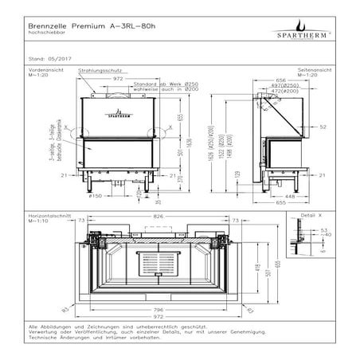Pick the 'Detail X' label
[310, 217]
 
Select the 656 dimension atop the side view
[282, 80]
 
